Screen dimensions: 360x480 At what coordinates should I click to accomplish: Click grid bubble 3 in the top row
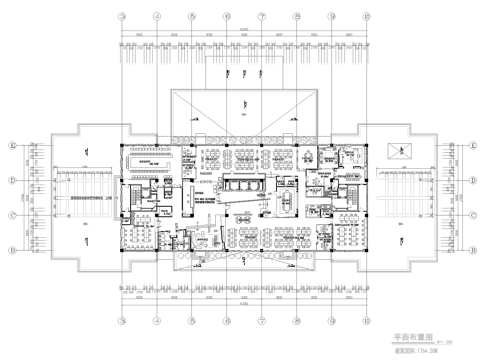[122, 17]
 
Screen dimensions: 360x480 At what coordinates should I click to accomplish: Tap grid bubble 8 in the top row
[295, 17]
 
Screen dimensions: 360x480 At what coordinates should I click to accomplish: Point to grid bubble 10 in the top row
[364, 17]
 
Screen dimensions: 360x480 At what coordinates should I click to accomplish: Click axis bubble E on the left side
[11, 147]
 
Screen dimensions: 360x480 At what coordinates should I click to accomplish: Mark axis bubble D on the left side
[11, 181]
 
